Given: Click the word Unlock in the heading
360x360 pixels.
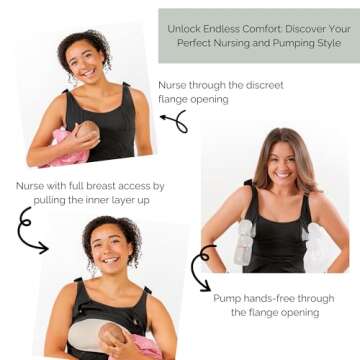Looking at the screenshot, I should click(183, 30).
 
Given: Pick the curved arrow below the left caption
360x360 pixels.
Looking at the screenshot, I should click(29, 231).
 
